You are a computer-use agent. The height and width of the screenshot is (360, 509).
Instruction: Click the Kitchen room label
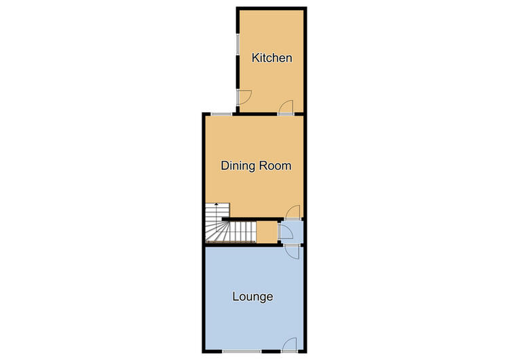pyautogui.click(x=271, y=58)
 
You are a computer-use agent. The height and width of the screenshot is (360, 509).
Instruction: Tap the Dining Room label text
pyautogui.click(x=256, y=166)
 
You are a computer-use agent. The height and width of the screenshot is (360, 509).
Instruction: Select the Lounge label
pyautogui.click(x=252, y=297)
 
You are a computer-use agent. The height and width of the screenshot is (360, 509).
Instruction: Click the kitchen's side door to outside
pyautogui.click(x=244, y=97)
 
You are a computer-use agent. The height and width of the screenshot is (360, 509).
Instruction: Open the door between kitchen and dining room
pyautogui.click(x=286, y=107)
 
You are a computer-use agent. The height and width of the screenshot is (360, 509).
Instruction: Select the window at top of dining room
pyautogui.click(x=221, y=114)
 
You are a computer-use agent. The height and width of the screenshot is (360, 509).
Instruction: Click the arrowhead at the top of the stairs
pyautogui.click(x=216, y=204)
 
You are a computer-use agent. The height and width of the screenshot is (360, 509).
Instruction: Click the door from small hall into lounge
pyautogui.click(x=292, y=252)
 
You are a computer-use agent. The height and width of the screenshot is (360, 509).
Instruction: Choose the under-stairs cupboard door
pyautogui.click(x=286, y=232)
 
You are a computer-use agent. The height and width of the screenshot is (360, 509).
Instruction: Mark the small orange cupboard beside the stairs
pyautogui.click(x=267, y=232)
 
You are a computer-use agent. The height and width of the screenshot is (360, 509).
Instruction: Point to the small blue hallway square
pyautogui.click(x=291, y=232)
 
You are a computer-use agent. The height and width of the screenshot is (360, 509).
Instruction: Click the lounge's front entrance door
pyautogui.click(x=290, y=345)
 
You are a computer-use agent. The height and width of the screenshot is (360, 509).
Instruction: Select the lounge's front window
pyautogui.click(x=242, y=351)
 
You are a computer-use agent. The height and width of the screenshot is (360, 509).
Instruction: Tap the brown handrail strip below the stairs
pyautogui.click(x=231, y=242)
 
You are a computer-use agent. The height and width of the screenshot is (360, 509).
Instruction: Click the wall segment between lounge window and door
pyautogui.click(x=271, y=351)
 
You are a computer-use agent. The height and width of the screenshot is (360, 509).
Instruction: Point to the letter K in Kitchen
pyautogui.click(x=255, y=58)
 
